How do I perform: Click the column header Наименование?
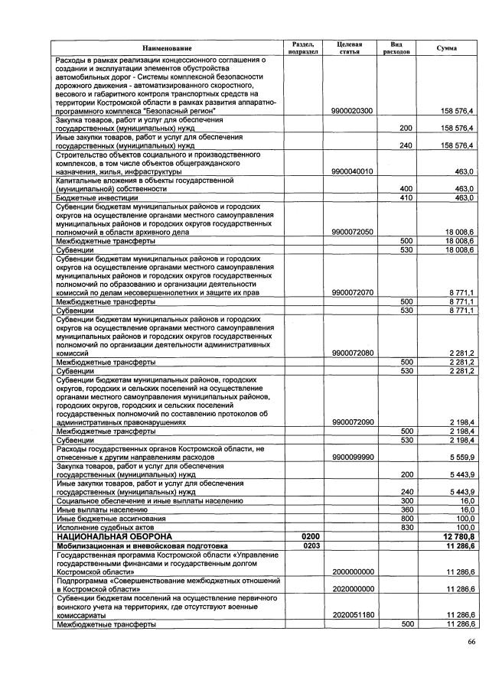(166, 48)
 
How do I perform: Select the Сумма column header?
(447, 48)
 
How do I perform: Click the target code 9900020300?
(352, 111)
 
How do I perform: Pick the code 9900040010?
(352, 171)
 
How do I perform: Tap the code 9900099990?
(352, 457)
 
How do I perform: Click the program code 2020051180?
(352, 615)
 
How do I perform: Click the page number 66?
(471, 642)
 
